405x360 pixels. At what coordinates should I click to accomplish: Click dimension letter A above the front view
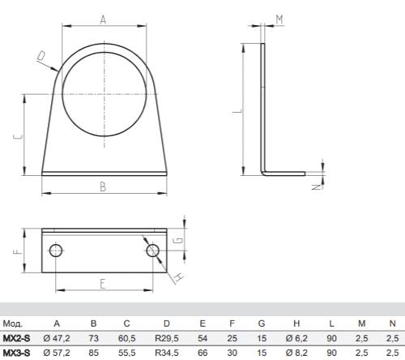pyautogui.click(x=103, y=19)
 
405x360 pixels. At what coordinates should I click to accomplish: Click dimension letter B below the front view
pyautogui.click(x=103, y=187)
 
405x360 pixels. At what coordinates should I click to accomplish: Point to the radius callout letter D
pyautogui.click(x=41, y=56)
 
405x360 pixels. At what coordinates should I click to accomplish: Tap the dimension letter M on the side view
pyautogui.click(x=279, y=19)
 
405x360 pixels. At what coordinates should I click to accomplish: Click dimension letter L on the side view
pyautogui.click(x=237, y=111)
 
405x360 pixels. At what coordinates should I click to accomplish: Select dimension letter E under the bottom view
pyautogui.click(x=103, y=284)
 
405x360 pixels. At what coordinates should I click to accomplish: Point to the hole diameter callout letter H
pyautogui.click(x=179, y=277)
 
